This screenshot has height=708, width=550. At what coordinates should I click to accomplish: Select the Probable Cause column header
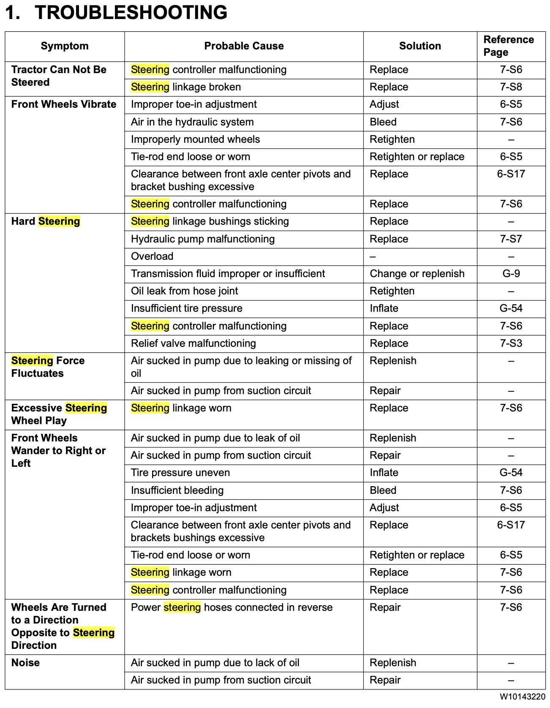(x=244, y=46)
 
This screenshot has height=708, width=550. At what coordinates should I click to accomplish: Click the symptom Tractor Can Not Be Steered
(x=59, y=76)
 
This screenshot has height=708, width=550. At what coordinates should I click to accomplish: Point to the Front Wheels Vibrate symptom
(x=64, y=104)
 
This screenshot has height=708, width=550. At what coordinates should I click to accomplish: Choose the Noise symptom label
(x=26, y=663)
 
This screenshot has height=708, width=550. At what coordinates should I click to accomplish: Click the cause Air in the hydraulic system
(x=192, y=122)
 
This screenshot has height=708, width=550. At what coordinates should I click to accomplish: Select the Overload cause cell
(x=152, y=256)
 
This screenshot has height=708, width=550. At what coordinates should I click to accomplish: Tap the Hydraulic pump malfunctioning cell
(x=203, y=239)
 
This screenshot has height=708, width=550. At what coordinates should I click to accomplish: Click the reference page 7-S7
(x=511, y=239)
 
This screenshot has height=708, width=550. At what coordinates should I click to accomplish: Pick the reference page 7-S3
(x=511, y=343)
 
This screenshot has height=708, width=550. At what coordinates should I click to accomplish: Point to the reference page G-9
(x=511, y=274)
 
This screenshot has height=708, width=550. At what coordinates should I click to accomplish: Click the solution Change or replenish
(x=417, y=274)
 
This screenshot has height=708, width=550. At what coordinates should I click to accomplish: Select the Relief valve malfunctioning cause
(x=193, y=343)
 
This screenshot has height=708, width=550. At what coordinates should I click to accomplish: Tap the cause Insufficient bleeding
(x=177, y=490)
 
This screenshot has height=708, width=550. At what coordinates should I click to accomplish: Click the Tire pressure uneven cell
(x=180, y=473)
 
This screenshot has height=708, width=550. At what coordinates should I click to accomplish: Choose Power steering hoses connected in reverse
(x=231, y=607)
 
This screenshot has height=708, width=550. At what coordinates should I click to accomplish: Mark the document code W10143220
(x=522, y=697)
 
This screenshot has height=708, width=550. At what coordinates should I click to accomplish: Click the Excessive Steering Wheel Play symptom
(x=59, y=414)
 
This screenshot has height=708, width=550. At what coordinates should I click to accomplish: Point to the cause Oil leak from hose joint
(x=185, y=291)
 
